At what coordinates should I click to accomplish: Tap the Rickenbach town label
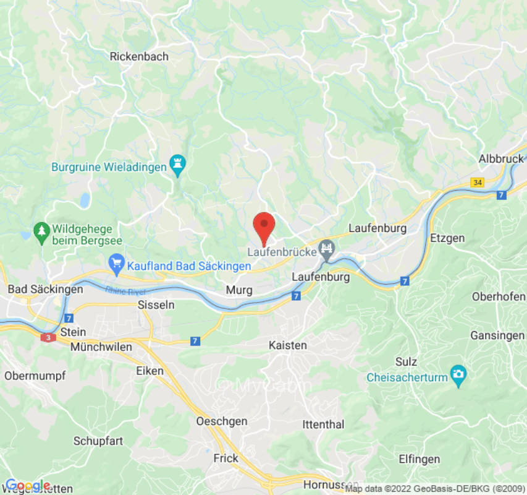click(x=139, y=56)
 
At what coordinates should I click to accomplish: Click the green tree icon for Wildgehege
click(x=41, y=231)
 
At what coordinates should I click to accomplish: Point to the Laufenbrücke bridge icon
click(x=326, y=250)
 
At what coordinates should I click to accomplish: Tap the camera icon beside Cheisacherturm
click(x=458, y=374)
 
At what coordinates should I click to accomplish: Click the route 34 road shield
click(x=477, y=182)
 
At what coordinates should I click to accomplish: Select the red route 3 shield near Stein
click(x=48, y=337)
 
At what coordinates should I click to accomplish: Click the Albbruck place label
click(x=501, y=159)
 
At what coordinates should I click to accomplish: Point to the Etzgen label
click(x=447, y=238)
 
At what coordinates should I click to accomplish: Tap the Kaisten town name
click(x=288, y=345)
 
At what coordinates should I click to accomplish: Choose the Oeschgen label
click(x=221, y=421)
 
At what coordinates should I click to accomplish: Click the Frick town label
click(x=226, y=458)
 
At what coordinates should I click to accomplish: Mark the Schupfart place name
click(x=98, y=441)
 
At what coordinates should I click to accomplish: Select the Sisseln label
click(x=156, y=305)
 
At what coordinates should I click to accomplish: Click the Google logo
click(x=27, y=485)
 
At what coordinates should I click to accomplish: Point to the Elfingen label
click(x=419, y=459)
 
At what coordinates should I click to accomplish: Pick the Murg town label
click(x=239, y=290)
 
